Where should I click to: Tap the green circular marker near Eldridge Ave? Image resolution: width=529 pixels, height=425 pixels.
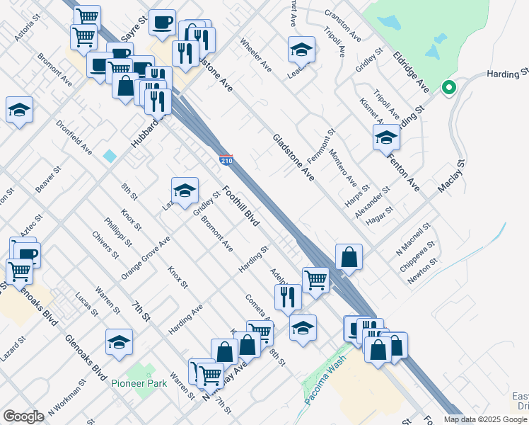click(x=447, y=88)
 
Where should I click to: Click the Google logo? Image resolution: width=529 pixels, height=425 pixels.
click(x=23, y=416)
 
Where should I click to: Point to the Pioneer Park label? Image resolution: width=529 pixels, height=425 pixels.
click(x=139, y=383)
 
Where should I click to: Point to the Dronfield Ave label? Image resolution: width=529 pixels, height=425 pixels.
click(x=75, y=137)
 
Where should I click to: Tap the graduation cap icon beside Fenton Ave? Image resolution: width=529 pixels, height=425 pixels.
click(x=387, y=137)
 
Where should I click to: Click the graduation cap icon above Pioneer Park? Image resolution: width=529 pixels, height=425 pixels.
click(x=119, y=341)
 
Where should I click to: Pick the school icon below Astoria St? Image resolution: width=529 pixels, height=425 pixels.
click(x=19, y=109)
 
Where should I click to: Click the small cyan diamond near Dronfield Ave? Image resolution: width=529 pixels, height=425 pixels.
click(x=110, y=155)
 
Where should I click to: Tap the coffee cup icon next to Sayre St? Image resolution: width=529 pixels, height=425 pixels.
click(x=162, y=21)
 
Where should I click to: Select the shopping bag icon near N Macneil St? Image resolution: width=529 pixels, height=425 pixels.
click(x=349, y=256)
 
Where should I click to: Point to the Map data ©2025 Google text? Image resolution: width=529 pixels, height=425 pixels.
click(x=485, y=419)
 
